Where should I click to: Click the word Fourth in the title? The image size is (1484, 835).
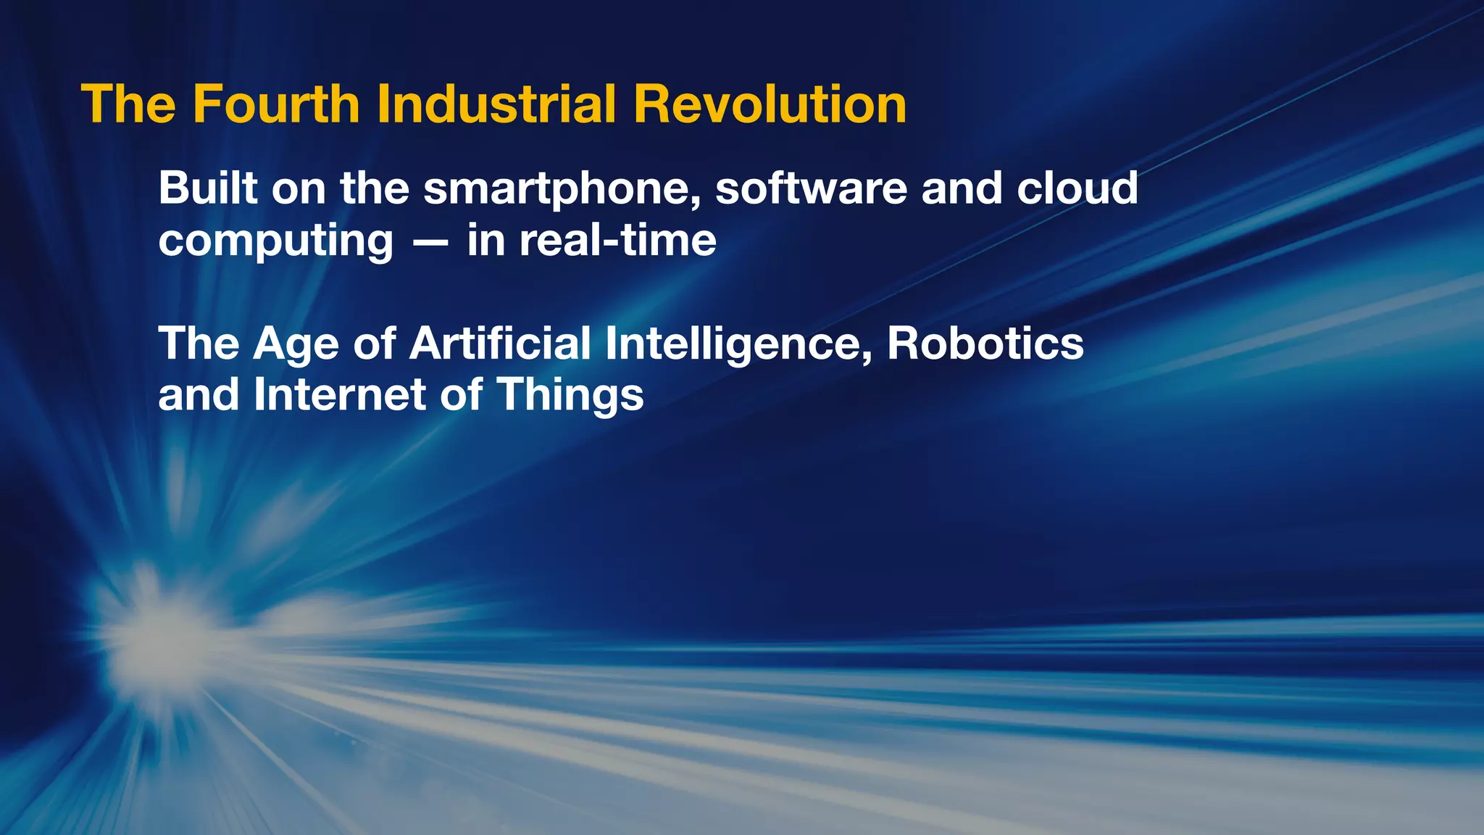pyautogui.click(x=276, y=104)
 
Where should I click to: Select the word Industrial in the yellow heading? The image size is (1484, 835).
pyautogui.click(x=496, y=104)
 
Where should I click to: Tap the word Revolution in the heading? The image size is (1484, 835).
pyautogui.click(x=770, y=104)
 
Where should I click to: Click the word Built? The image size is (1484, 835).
pyautogui.click(x=208, y=188)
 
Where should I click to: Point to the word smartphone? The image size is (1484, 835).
pyautogui.click(x=562, y=189)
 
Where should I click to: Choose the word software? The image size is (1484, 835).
pyautogui.click(x=811, y=188)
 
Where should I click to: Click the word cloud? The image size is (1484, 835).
pyautogui.click(x=1077, y=188)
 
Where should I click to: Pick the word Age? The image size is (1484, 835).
pyautogui.click(x=296, y=344)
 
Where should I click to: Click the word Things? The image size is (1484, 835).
pyautogui.click(x=570, y=396)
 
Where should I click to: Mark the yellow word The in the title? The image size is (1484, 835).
pyautogui.click(x=128, y=104)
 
